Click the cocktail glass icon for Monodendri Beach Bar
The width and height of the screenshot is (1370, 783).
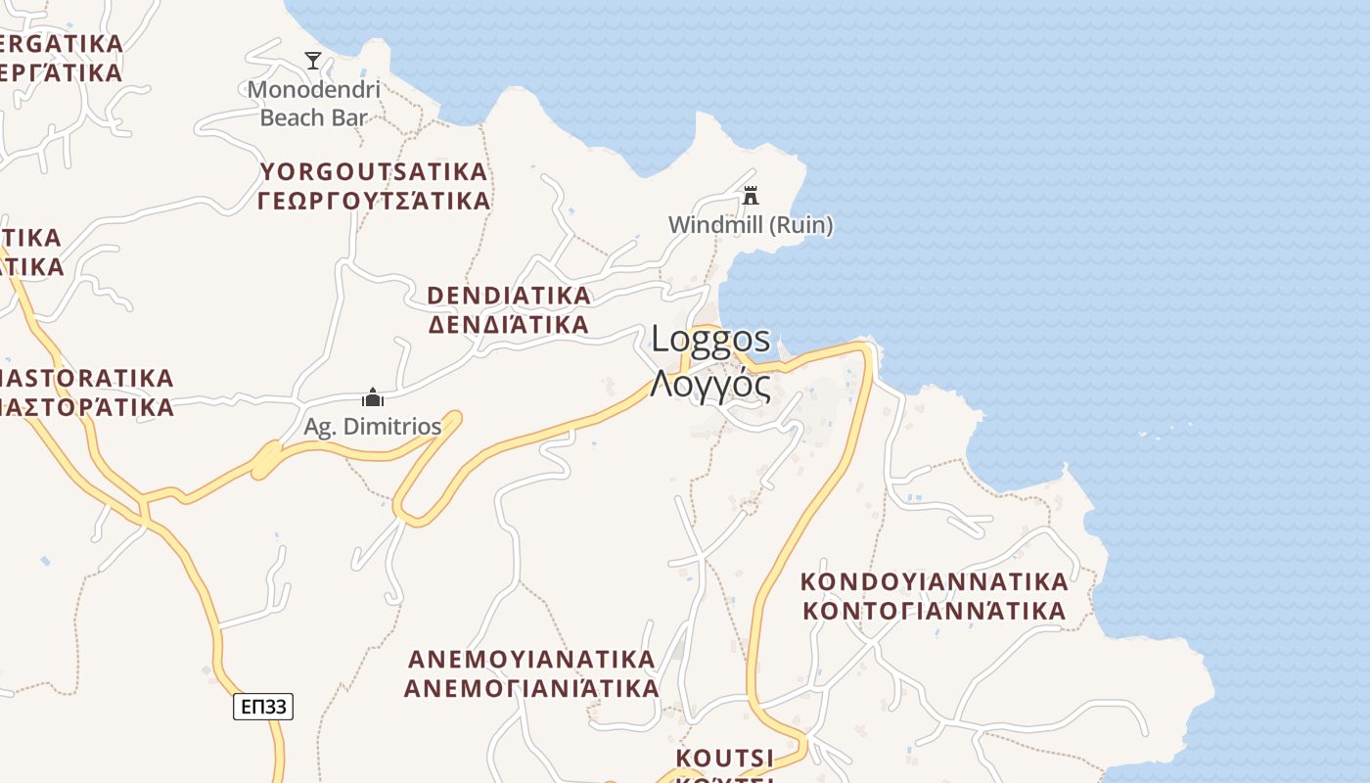click(x=313, y=61)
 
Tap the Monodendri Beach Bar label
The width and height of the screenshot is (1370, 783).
click(x=313, y=104)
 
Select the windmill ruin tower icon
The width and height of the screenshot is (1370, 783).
click(x=751, y=196)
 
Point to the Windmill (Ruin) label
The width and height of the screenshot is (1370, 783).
click(x=751, y=225)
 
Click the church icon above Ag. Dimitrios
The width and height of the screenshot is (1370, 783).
click(x=373, y=397)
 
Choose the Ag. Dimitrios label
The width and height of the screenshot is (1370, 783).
click(x=373, y=427)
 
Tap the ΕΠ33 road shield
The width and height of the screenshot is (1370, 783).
click(x=263, y=706)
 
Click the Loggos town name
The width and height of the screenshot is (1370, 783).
click(x=711, y=340)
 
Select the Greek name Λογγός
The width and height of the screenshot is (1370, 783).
click(x=711, y=385)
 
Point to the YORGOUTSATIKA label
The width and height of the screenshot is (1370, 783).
click(x=373, y=172)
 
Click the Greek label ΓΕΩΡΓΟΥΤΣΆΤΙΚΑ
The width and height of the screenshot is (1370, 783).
click(x=373, y=202)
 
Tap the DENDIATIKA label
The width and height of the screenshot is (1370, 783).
click(x=509, y=296)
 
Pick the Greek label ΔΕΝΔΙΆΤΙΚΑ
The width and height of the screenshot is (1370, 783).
click(x=509, y=325)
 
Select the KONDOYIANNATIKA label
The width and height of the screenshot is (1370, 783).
click(x=934, y=582)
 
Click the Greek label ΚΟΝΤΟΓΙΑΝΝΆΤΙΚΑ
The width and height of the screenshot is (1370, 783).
click(x=934, y=612)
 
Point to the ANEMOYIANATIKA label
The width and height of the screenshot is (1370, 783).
click(x=531, y=658)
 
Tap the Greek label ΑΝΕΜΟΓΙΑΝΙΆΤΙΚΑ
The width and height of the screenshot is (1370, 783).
click(x=531, y=688)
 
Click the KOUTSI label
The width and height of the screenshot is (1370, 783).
click(x=724, y=759)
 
